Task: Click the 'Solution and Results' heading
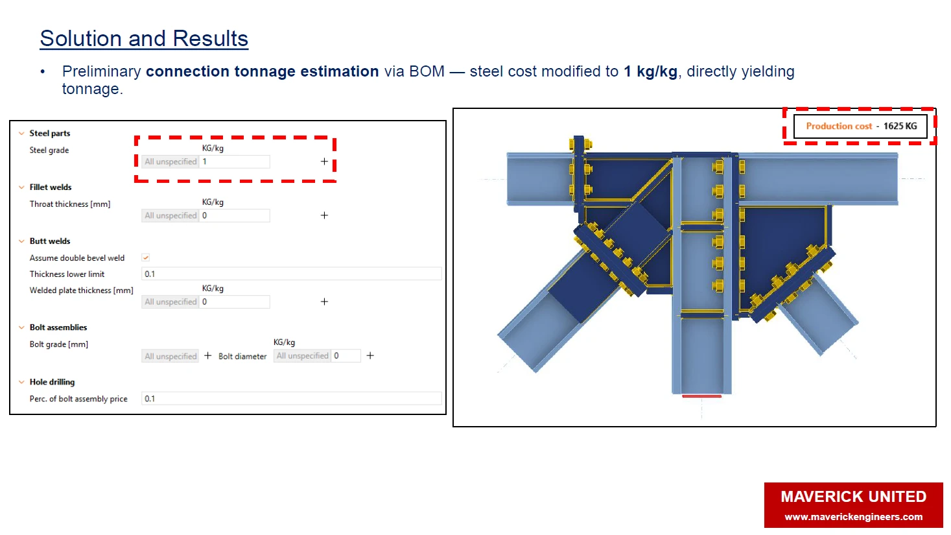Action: (144, 39)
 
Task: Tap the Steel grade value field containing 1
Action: (234, 161)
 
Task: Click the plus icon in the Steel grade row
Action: (324, 161)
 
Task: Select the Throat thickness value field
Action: (234, 216)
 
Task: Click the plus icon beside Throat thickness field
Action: (324, 215)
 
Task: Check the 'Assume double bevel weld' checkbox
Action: (146, 257)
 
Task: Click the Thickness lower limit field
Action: (291, 274)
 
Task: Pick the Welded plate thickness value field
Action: (234, 302)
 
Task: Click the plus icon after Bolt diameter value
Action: (370, 356)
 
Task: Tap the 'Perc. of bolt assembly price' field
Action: (291, 399)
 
